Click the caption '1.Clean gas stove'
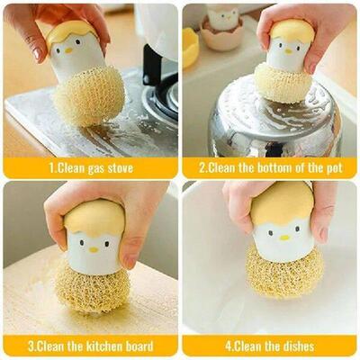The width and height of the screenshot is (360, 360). coord(89,167)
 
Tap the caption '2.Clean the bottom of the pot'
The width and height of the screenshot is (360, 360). coord(270,167)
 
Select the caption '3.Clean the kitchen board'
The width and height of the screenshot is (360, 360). coord(89,346)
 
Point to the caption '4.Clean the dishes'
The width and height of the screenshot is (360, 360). coord(270,346)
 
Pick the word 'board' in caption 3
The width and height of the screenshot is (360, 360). coord(136,346)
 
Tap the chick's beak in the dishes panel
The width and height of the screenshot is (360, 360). coord(284,238)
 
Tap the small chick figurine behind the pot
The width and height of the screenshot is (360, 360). coord(223,17)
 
